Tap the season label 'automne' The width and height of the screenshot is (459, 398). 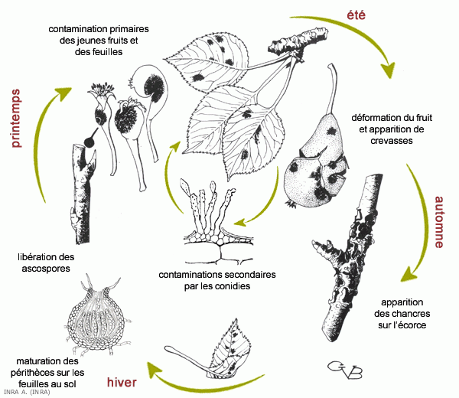440,222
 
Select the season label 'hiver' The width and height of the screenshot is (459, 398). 123,383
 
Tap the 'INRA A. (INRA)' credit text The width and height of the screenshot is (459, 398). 26,393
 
